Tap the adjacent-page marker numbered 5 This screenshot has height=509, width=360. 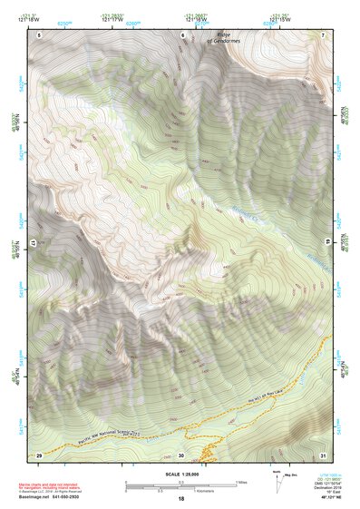[x=39, y=34]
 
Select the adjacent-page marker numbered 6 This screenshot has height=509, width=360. [x=182, y=34]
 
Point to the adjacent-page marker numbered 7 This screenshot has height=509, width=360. [x=323, y=34]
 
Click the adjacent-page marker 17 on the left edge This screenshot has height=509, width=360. [x=34, y=244]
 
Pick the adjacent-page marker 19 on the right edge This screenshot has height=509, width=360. [x=326, y=244]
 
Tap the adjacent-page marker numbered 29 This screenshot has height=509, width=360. [x=39, y=455]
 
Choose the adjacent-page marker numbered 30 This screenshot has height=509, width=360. [x=181, y=455]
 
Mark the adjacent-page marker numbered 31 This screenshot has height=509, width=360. [x=323, y=455]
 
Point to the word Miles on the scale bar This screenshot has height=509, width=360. [x=242, y=482]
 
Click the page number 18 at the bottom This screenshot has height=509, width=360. [x=180, y=499]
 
